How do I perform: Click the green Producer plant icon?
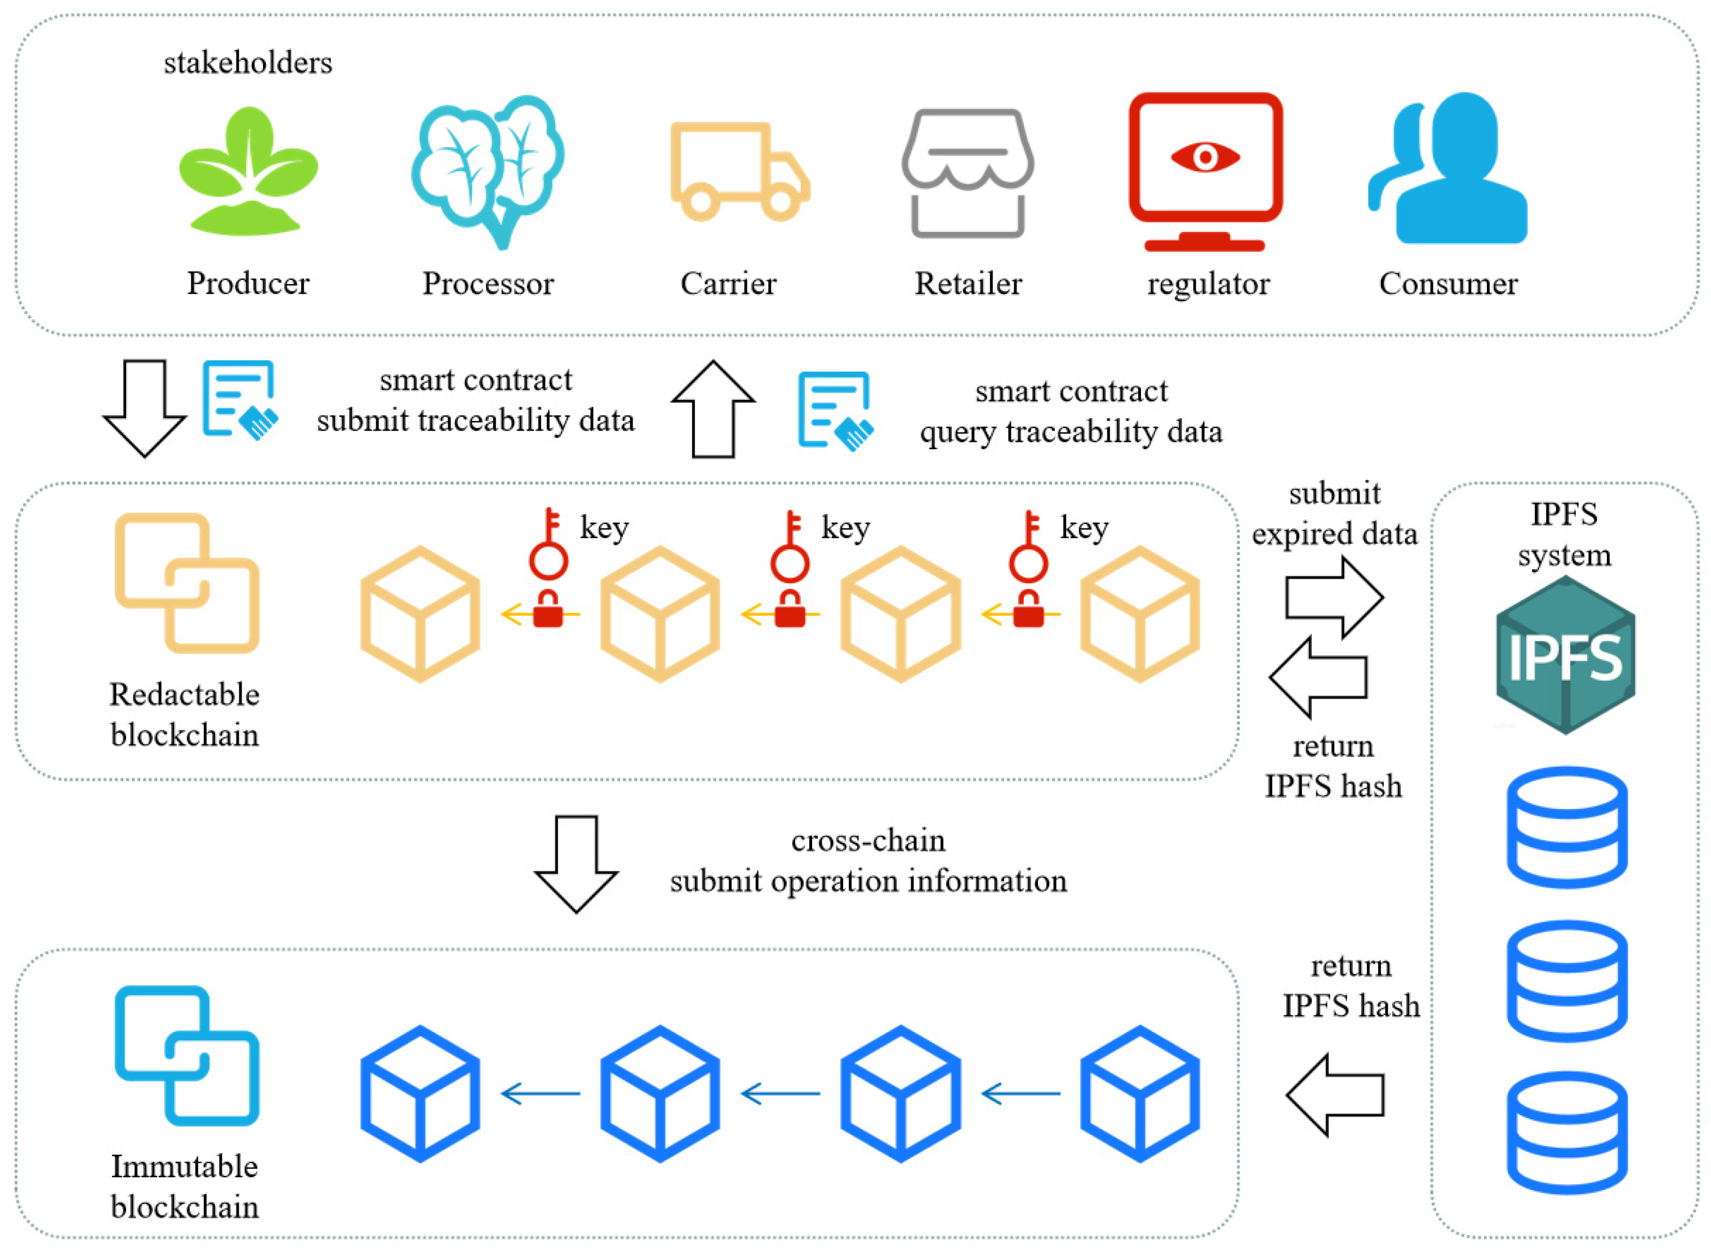pyautogui.click(x=248, y=172)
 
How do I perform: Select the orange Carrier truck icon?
pyautogui.click(x=739, y=172)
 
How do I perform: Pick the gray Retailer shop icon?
pyautogui.click(x=968, y=172)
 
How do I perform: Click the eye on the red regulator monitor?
pyautogui.click(x=1205, y=158)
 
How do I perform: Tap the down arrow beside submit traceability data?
pyautogui.click(x=144, y=407)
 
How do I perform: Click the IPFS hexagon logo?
pyautogui.click(x=1565, y=655)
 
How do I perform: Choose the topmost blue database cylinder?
pyautogui.click(x=1566, y=827)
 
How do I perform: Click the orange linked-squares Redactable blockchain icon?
pyautogui.click(x=186, y=583)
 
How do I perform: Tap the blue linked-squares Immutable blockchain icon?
pyautogui.click(x=186, y=1055)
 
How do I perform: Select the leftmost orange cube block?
pyautogui.click(x=420, y=614)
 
